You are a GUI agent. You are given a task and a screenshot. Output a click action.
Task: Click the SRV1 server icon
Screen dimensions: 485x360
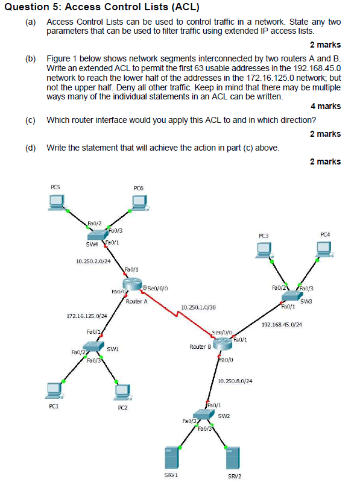click(171, 457)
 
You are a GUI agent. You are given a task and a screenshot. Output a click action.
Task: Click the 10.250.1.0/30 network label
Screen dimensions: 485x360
click(198, 309)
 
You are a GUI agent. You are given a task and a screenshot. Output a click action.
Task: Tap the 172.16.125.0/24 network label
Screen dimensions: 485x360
click(86, 316)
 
